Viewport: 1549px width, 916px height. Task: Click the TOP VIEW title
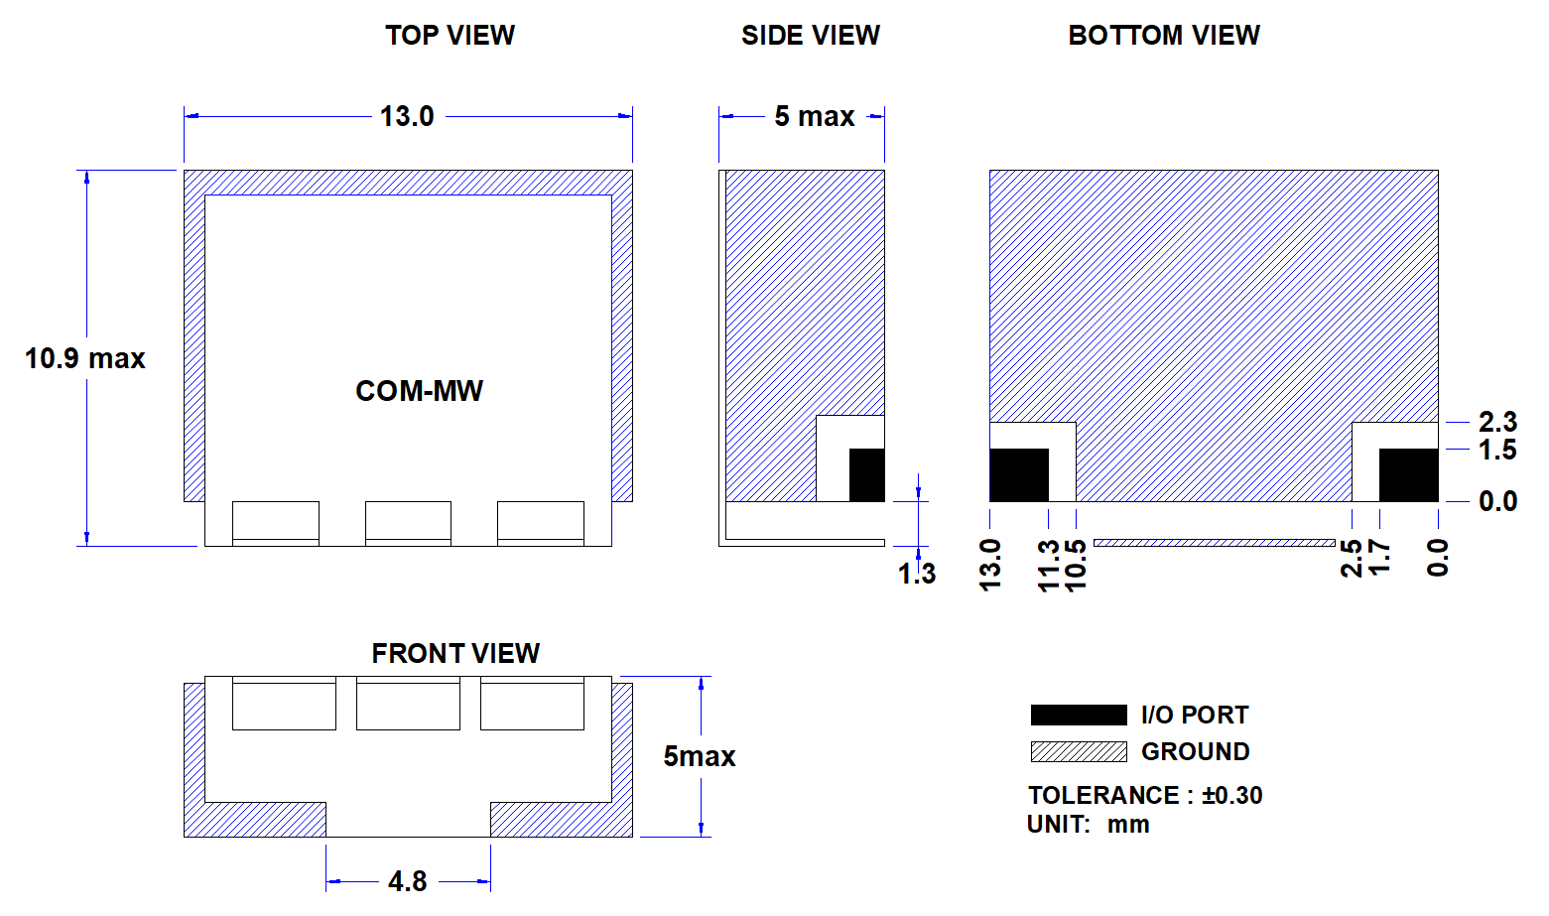pos(451,36)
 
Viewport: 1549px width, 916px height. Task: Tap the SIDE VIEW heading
pos(811,36)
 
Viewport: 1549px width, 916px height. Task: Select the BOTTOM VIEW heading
pos(1164,36)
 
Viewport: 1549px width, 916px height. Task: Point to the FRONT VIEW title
pos(455,653)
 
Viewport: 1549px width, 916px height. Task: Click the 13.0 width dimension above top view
pos(407,116)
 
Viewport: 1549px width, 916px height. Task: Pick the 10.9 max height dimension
pos(85,358)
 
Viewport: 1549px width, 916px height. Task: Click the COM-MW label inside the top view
pos(419,391)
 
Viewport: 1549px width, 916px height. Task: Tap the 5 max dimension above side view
pos(815,116)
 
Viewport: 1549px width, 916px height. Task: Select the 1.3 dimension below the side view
pos(917,574)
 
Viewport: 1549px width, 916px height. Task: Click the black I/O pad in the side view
pos(866,474)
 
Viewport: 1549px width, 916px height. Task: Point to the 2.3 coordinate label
pos(1497,422)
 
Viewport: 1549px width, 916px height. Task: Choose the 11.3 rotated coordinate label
pos(1049,567)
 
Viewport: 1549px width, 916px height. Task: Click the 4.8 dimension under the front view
pos(408,881)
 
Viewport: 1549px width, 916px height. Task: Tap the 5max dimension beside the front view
pos(700,756)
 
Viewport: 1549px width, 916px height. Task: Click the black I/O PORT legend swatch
pos(1079,715)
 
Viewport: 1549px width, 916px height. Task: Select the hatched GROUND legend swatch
pos(1079,751)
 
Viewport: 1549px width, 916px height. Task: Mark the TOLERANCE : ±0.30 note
pos(1145,795)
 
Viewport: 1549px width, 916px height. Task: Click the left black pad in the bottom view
pos(1019,474)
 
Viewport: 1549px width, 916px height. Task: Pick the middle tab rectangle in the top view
pos(408,524)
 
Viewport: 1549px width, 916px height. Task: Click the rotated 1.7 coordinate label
pos(1379,559)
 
